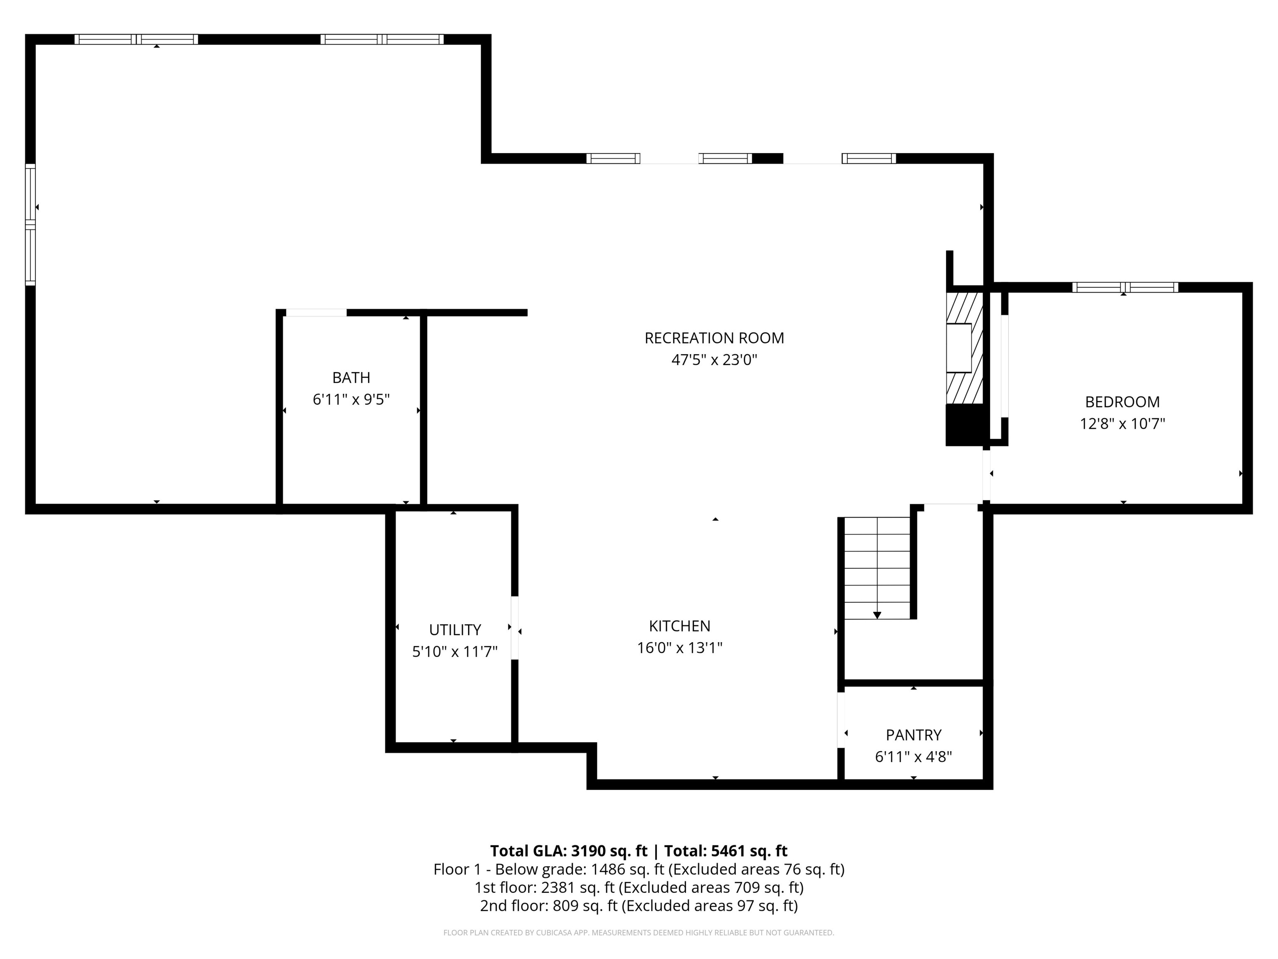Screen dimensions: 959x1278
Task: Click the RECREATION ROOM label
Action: (x=714, y=338)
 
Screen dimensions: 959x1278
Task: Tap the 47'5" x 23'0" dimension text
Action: (x=714, y=360)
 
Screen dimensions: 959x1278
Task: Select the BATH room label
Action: (x=351, y=378)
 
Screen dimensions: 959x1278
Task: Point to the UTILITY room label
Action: (x=455, y=629)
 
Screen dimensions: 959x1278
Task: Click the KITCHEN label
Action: (x=679, y=626)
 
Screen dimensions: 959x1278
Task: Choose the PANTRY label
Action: (x=914, y=735)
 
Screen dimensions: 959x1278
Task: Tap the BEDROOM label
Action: (x=1122, y=402)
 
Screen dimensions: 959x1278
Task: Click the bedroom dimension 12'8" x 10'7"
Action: (x=1122, y=424)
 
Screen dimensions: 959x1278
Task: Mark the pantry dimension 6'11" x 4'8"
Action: (x=914, y=757)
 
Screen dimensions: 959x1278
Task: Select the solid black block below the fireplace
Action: (x=964, y=425)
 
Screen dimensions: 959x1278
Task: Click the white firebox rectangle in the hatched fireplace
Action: (x=958, y=348)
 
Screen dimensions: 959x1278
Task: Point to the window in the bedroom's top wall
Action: (x=1124, y=287)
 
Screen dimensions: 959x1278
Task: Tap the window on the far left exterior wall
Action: (x=30, y=224)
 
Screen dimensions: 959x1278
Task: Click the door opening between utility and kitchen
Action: (x=515, y=627)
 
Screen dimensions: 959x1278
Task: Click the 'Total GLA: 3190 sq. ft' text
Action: (x=569, y=851)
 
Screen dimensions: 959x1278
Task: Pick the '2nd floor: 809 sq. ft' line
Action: (x=639, y=906)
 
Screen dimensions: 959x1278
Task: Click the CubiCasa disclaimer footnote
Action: (x=639, y=932)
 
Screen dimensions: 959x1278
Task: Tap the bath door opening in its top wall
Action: (x=316, y=313)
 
